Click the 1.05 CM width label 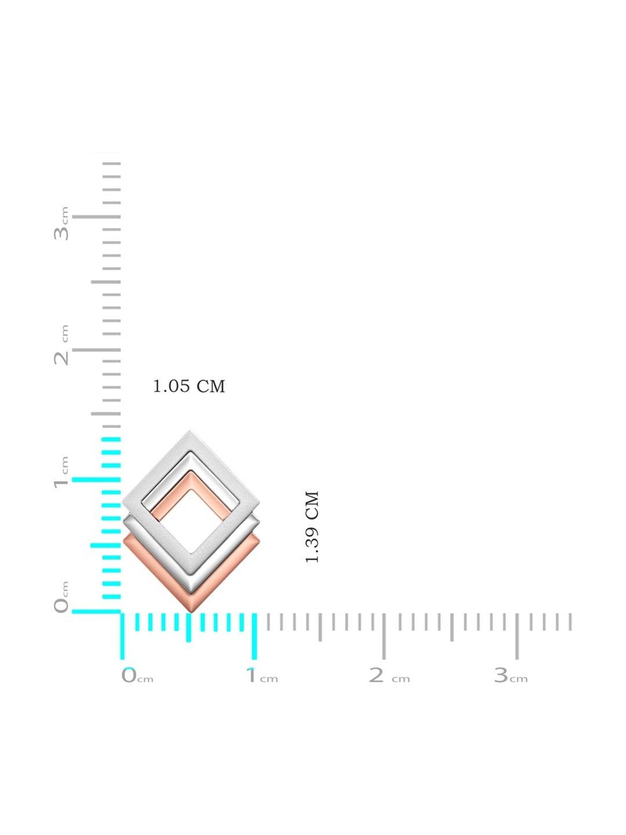click(189, 386)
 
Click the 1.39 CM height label click(312, 527)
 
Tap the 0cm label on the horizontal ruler click(137, 675)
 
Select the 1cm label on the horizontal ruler click(262, 675)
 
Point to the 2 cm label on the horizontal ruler click(389, 675)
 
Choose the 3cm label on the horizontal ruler click(511, 675)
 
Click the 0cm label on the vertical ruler click(61, 597)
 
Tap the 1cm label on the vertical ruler click(61, 472)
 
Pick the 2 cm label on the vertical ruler click(61, 345)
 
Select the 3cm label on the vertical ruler click(61, 223)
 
